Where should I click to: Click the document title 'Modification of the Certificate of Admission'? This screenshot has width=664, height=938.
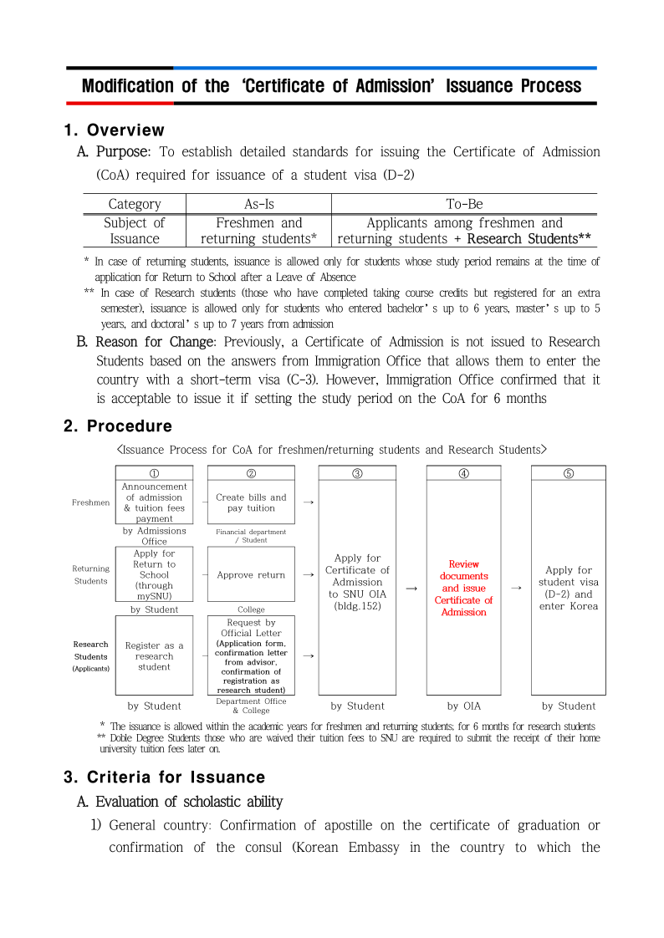tap(331, 86)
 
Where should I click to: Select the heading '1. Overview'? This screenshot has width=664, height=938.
tap(115, 130)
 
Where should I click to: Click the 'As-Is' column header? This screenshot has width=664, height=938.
tap(258, 204)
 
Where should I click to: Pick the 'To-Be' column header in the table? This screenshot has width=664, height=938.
tap(464, 204)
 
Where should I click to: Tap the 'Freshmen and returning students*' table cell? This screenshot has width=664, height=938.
tap(258, 231)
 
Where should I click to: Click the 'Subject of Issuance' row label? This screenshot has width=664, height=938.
tap(134, 231)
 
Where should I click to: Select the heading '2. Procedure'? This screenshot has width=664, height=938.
tap(118, 426)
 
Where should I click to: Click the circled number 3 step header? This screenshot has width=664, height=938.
tap(357, 473)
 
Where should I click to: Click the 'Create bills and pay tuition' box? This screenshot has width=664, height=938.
tap(251, 502)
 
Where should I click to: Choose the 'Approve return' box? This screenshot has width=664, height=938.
tap(251, 575)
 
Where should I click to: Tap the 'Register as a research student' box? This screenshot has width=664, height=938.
tap(154, 656)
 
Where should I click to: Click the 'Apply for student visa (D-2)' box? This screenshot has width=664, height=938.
tap(568, 588)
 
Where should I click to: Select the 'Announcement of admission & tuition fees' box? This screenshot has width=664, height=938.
tap(154, 502)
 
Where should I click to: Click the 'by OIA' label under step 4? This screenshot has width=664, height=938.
tap(463, 706)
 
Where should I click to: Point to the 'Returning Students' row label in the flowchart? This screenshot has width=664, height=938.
tap(90, 575)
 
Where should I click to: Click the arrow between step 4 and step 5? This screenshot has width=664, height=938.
tap(516, 588)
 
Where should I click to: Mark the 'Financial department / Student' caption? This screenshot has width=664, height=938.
tap(251, 536)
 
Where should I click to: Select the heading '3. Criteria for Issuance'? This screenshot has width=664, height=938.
tap(164, 777)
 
